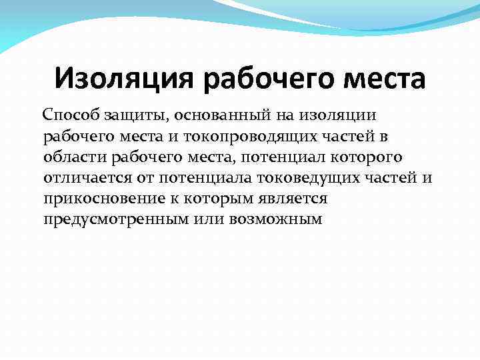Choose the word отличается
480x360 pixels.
pyautogui.click(x=82, y=179)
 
